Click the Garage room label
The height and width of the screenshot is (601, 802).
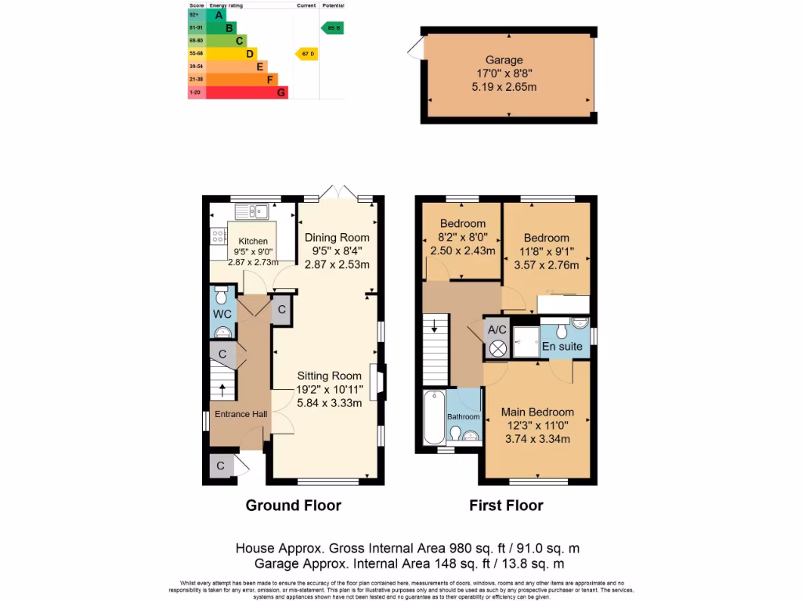(504, 60)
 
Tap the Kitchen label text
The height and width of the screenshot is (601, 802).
(253, 241)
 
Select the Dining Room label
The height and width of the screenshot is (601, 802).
(337, 238)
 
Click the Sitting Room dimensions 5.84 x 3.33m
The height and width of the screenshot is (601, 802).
(329, 403)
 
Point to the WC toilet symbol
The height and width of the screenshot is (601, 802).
(221, 297)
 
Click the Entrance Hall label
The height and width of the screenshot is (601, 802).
(237, 414)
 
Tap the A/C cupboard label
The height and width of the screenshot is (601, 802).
(497, 329)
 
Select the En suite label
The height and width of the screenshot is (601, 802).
(562, 346)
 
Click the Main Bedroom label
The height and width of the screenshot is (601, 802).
(537, 412)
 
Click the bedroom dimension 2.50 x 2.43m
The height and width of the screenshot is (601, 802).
(463, 250)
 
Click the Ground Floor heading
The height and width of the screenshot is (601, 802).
(293, 506)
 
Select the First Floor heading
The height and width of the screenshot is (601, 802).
(506, 506)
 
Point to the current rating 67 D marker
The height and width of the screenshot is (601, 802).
(307, 53)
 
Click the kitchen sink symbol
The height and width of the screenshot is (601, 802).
(257, 210)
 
